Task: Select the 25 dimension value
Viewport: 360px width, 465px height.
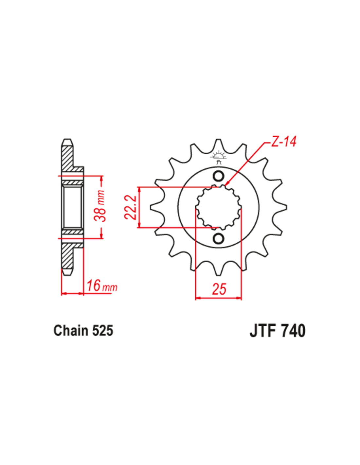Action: (219, 289)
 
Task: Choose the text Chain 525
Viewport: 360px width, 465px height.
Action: (83, 330)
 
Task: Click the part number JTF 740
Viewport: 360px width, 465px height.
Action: (278, 331)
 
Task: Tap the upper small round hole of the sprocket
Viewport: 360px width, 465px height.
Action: (218, 176)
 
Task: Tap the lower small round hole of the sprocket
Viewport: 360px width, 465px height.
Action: (218, 238)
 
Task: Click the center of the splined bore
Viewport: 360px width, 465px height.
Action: (218, 207)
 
